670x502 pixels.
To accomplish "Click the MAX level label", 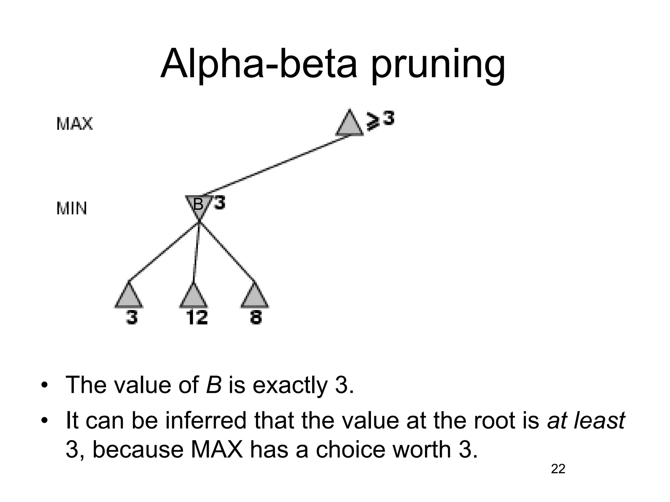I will (x=75, y=124).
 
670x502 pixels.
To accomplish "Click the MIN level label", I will (x=72, y=209).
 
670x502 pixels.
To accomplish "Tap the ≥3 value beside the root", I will (x=380, y=120).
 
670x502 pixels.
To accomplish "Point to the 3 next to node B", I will (x=220, y=203).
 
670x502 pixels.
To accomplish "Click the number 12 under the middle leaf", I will (x=197, y=317).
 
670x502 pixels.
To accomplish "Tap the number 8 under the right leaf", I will (x=256, y=317).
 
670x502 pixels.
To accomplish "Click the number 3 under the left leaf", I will (x=132, y=317).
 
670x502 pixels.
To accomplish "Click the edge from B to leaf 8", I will (x=227, y=252).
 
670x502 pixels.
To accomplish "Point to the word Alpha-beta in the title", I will (x=258, y=64).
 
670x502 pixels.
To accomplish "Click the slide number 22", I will (x=558, y=469).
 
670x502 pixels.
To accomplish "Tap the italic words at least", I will (x=586, y=421).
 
